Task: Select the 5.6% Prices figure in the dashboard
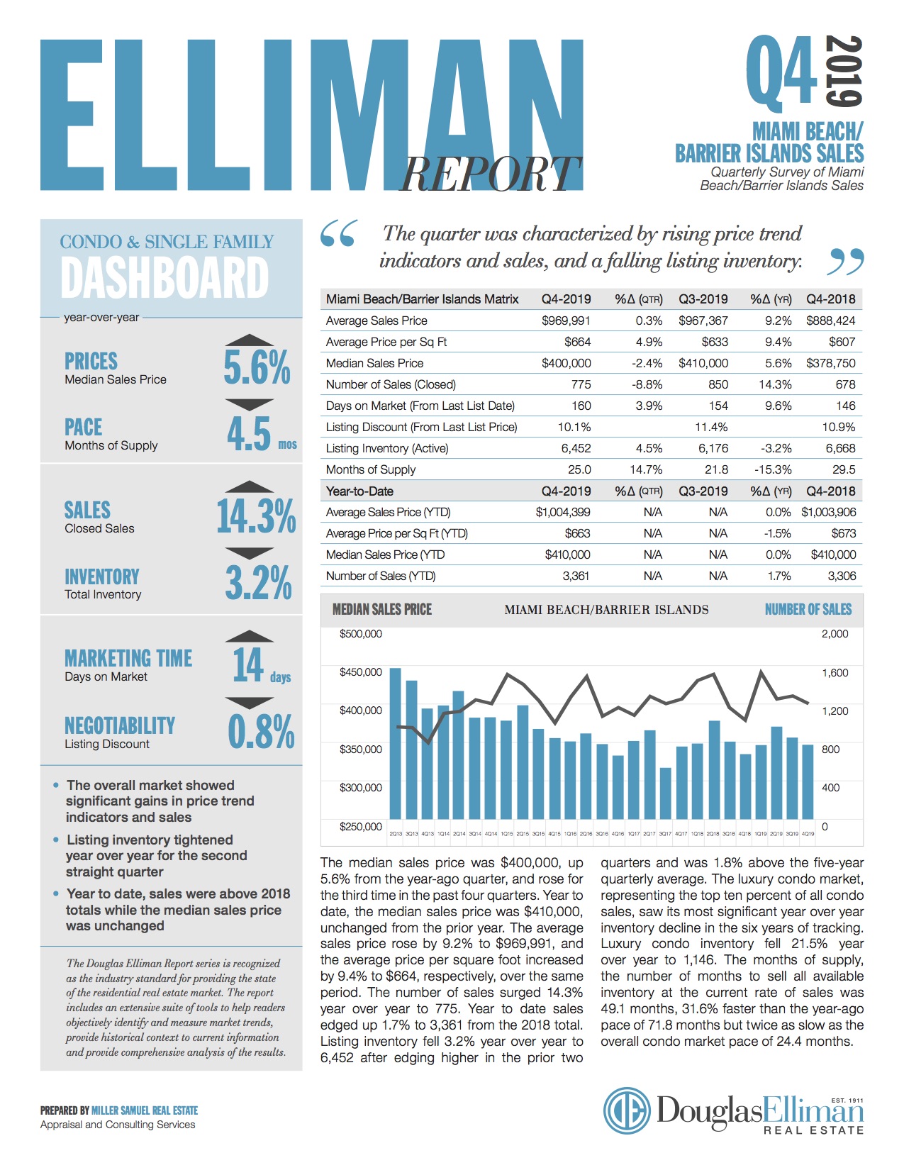(257, 367)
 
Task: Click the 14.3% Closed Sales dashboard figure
(256, 516)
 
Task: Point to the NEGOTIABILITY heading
(120, 725)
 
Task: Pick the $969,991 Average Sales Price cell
(566, 321)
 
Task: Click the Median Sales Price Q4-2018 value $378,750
(830, 363)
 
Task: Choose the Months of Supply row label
(371, 469)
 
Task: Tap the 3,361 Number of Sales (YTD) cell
(576, 576)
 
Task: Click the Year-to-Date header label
(359, 491)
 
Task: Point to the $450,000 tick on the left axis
(361, 672)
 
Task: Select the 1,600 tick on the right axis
(835, 672)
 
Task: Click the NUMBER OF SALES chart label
(808, 609)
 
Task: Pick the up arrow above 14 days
(249, 636)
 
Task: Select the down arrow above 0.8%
(249, 703)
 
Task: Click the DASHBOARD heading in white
(164, 277)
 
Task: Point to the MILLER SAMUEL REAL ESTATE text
(145, 1110)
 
